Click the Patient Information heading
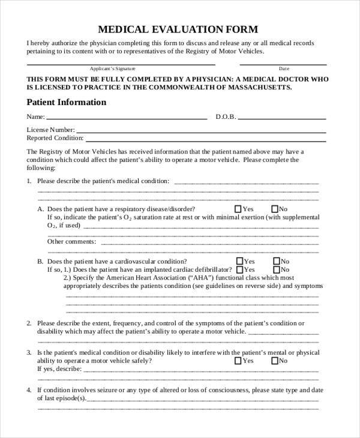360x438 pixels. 67,103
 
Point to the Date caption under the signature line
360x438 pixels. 284,68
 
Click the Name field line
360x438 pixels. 126,117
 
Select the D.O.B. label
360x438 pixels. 226,117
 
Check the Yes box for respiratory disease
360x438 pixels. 238,209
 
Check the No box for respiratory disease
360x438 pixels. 275,209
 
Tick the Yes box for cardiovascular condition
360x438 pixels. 240,262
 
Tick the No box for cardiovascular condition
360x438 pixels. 277,262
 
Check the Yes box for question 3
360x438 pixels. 238,361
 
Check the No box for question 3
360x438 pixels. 275,361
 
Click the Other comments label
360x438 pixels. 71,241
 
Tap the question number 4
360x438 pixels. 29,390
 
